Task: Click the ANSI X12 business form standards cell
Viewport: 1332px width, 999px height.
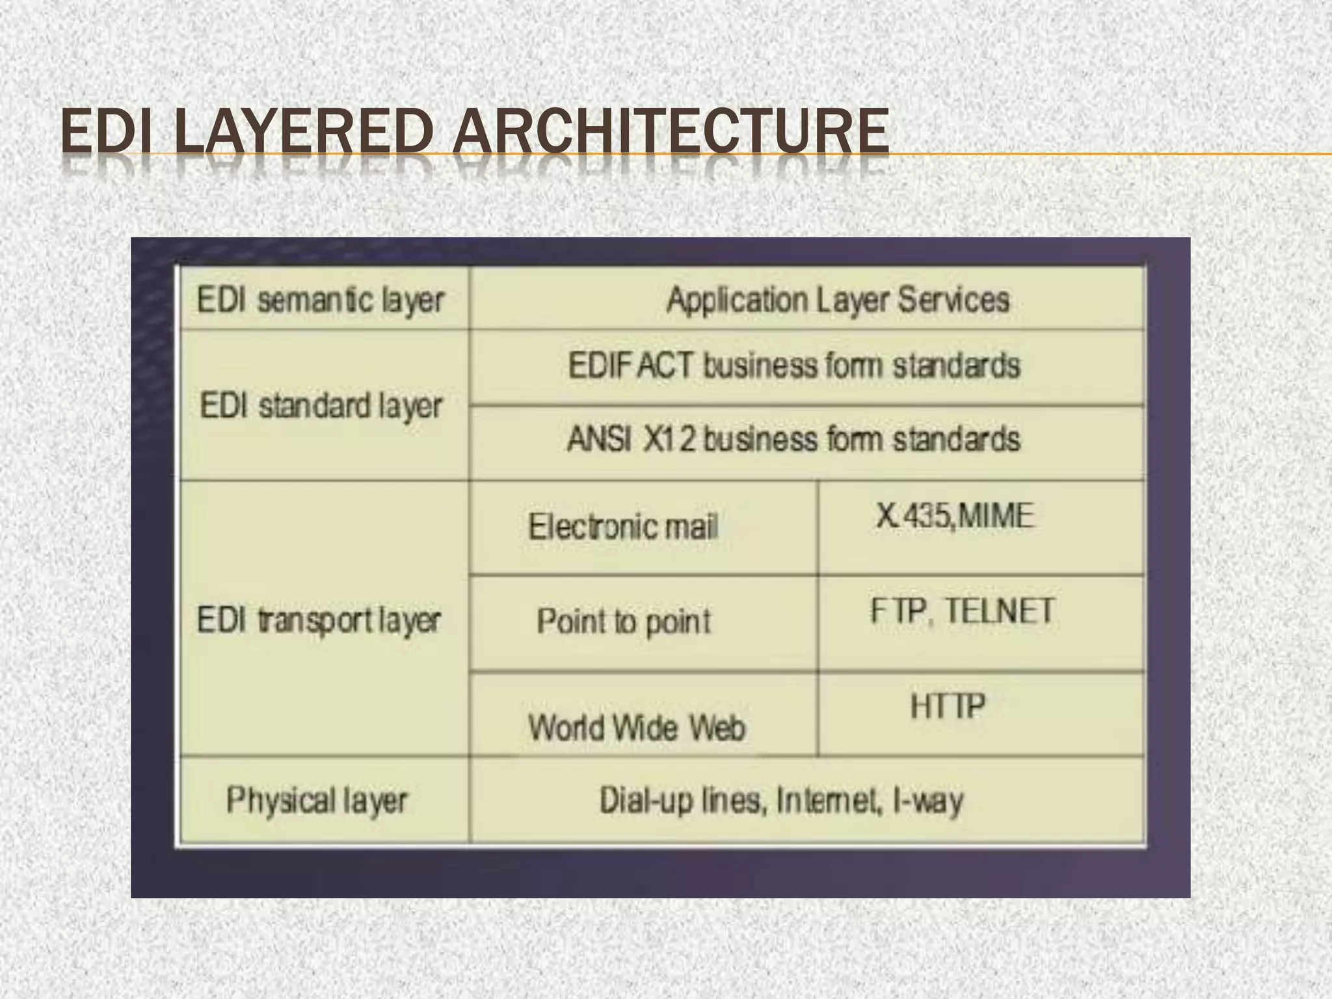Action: (x=793, y=439)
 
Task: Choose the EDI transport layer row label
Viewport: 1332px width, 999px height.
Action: (x=319, y=620)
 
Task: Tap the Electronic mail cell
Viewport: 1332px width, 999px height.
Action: (x=623, y=526)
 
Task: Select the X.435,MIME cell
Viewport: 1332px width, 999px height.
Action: (x=954, y=516)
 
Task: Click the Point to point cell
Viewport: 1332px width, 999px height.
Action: (x=624, y=621)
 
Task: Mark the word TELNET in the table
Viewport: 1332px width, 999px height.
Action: (x=999, y=611)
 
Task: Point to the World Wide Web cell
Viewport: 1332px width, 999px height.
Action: (x=636, y=727)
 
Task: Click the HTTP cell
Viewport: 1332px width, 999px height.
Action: (x=948, y=706)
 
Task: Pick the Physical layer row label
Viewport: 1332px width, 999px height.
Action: (x=317, y=800)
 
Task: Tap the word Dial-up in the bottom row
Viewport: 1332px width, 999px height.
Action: (x=647, y=801)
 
